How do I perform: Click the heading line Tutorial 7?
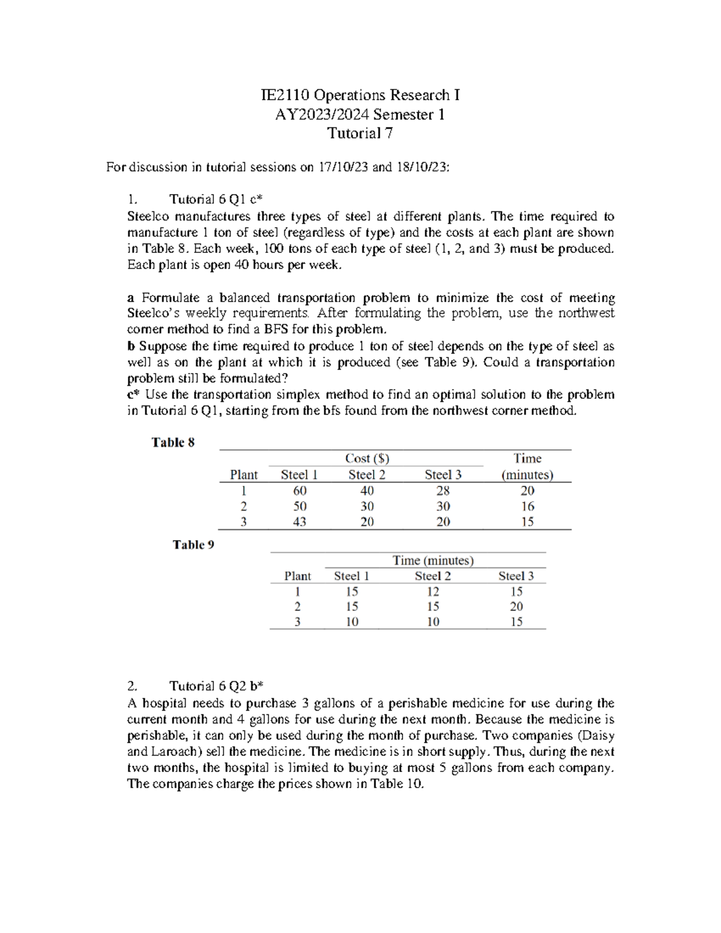(360, 133)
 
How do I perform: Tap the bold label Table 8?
(173, 443)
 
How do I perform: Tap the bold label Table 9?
(193, 545)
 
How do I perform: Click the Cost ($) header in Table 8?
(367, 458)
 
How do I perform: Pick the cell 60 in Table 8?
(299, 490)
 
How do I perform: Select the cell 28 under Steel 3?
(443, 490)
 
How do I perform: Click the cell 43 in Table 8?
(299, 521)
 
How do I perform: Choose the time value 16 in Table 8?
(527, 506)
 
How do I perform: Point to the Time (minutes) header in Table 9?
(433, 561)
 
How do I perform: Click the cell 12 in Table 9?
(433, 591)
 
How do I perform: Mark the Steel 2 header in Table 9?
(433, 576)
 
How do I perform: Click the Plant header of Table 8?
(243, 475)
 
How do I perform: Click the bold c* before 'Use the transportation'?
(133, 395)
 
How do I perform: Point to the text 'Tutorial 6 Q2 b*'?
(217, 686)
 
